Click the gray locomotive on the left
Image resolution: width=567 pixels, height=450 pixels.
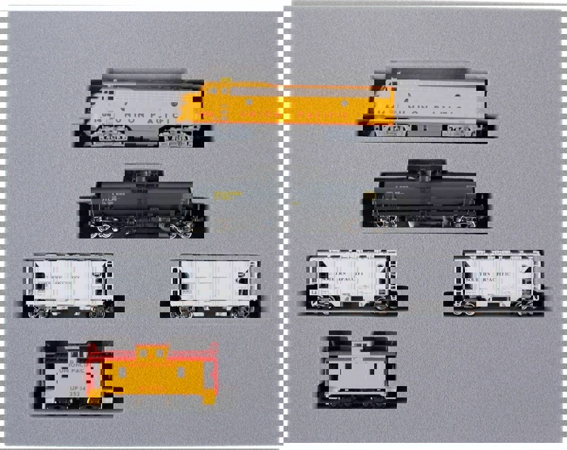[135, 106]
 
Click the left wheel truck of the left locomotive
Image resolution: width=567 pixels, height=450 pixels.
[113, 136]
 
